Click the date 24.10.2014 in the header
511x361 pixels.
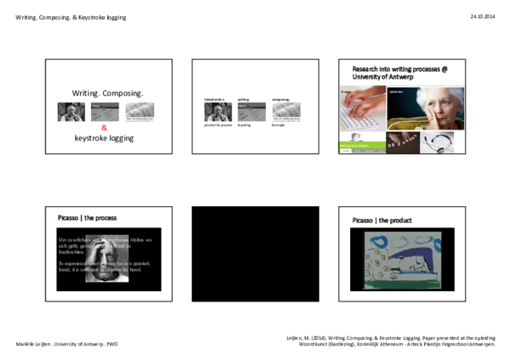click(482, 17)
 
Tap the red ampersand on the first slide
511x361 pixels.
click(104, 128)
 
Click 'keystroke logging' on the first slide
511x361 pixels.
click(104, 138)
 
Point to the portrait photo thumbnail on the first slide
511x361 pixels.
click(71, 112)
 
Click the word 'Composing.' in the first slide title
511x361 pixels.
click(124, 92)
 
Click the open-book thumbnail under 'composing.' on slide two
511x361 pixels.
click(286, 111)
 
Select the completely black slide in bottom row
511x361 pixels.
click(255, 254)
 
